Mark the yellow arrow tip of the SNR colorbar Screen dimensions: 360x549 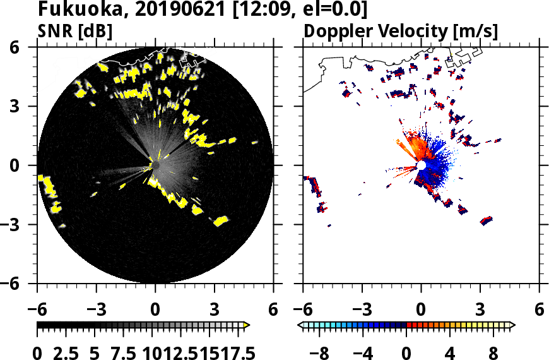pos(247,325)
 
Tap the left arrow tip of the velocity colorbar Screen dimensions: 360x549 pos(300,325)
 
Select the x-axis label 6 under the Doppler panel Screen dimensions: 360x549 pos(539,310)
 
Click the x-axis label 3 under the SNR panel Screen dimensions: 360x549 pos(214,310)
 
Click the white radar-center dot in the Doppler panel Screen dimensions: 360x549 pos(421,165)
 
